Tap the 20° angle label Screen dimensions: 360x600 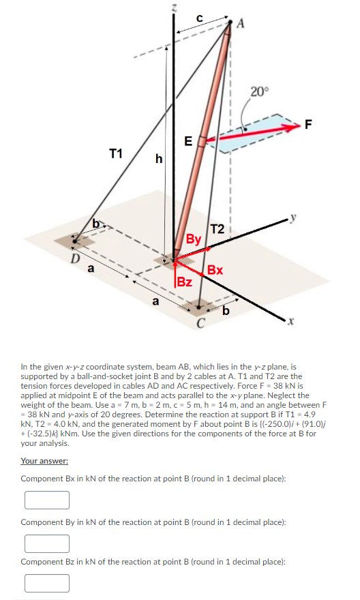[260, 91]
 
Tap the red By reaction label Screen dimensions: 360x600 [194, 239]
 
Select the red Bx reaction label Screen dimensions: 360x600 [215, 270]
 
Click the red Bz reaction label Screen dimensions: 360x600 [184, 282]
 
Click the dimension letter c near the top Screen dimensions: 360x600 [198, 17]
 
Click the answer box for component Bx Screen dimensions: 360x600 [47, 500]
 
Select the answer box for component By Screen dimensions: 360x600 [47, 543]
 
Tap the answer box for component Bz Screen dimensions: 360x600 [47, 584]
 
